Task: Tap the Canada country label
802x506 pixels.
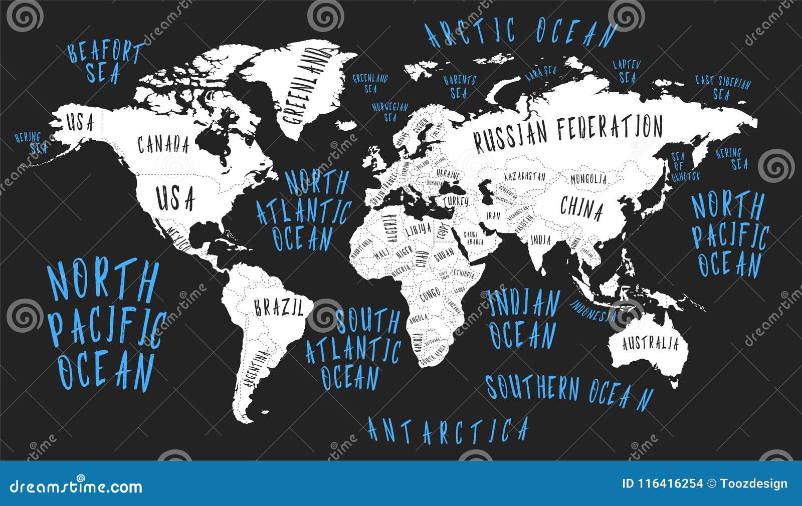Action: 163,145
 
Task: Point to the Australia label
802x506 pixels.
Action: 650,344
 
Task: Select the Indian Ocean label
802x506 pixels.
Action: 523,319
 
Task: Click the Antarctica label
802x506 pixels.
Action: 448,429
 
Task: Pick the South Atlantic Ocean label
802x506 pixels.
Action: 353,349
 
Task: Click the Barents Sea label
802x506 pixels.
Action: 459,87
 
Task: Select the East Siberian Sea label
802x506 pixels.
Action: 722,88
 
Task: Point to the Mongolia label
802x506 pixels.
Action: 588,178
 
